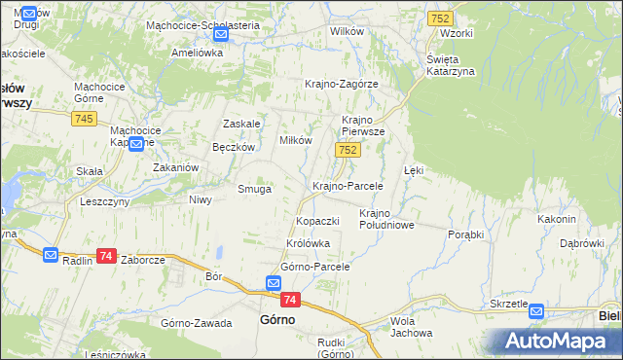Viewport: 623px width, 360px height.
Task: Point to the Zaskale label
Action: pos(241,124)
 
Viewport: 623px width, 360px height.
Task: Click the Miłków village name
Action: pos(296,139)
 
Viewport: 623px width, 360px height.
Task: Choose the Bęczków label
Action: pos(234,147)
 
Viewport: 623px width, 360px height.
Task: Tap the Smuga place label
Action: pos(255,189)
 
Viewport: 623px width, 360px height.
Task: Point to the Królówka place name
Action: pos(309,243)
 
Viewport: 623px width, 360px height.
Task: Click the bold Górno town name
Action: pos(276,319)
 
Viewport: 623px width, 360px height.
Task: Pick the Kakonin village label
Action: pos(557,219)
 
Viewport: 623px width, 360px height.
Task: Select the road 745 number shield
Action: pos(83,118)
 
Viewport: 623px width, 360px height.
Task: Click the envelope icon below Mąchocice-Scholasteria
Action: pos(220,34)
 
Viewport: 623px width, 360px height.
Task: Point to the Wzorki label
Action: pos(456,33)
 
